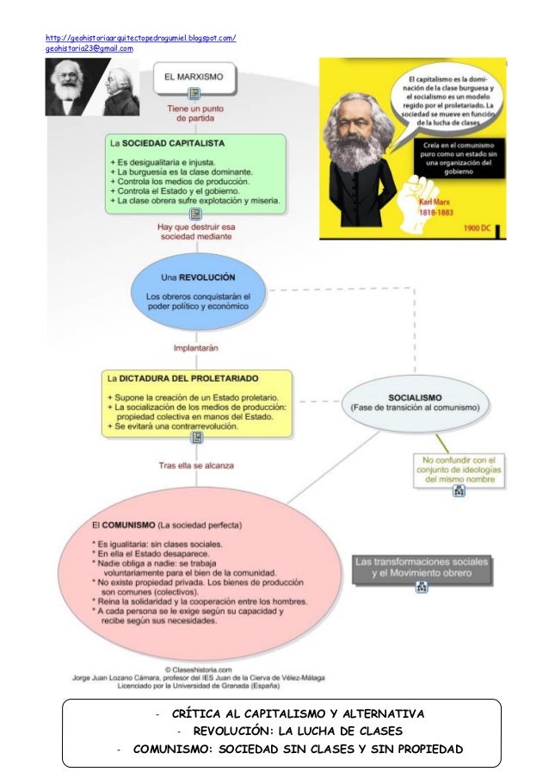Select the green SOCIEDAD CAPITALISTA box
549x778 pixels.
[x=198, y=172]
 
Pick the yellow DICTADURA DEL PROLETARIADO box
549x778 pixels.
[x=197, y=402]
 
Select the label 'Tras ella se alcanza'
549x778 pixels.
[x=196, y=465]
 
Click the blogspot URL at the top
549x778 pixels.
[x=140, y=39]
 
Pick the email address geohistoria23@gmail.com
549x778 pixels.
[x=89, y=49]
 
